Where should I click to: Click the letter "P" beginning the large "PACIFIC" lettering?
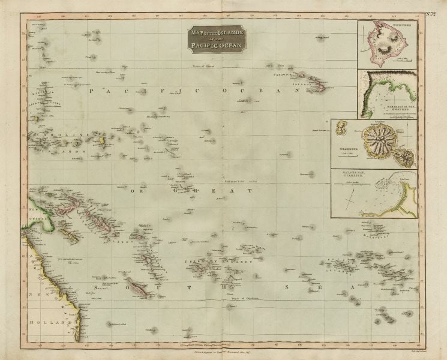[92, 91]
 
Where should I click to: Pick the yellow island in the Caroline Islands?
[103, 142]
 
